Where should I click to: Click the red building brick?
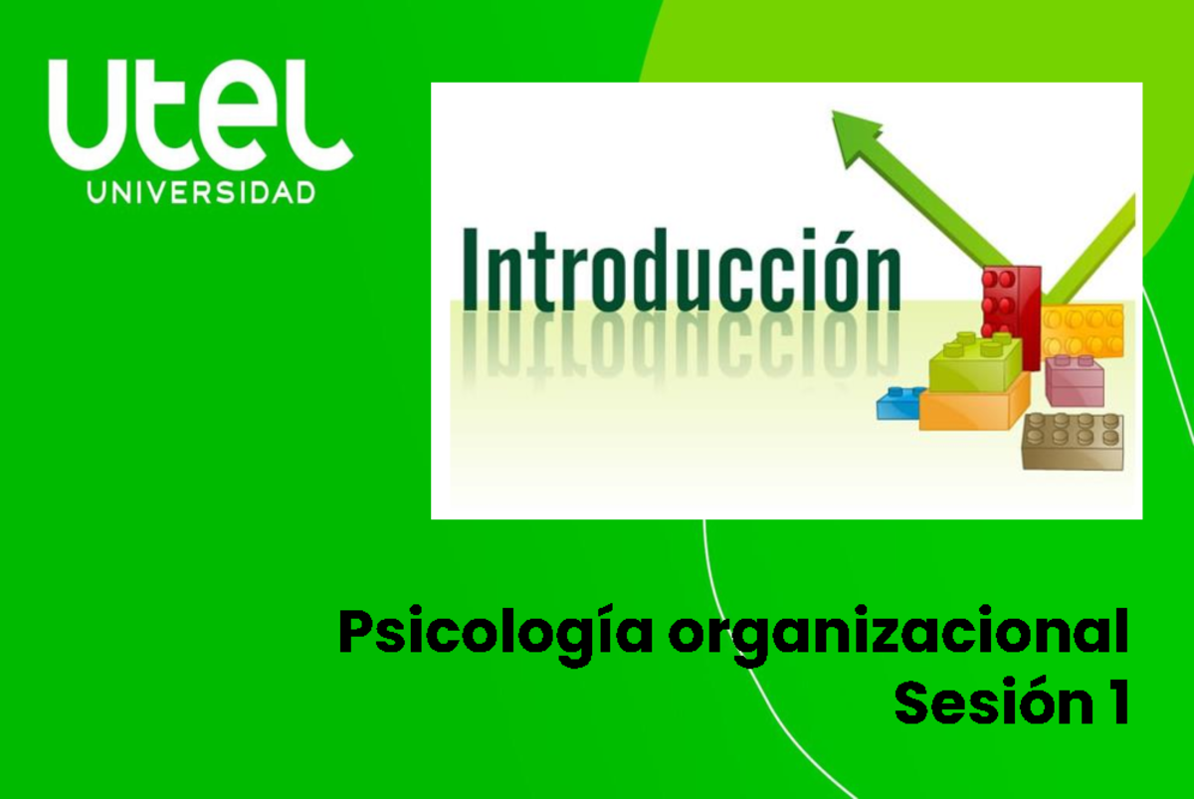pos(1010,302)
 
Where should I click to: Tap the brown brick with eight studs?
pos(1073,441)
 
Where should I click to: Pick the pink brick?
pos(1075,380)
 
